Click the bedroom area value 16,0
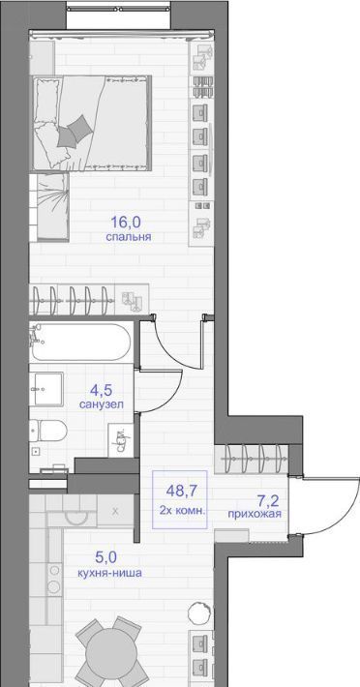pos(126,223)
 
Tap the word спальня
pos(129,237)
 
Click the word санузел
pos(102,403)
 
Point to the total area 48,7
pos(180,491)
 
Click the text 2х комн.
pos(180,510)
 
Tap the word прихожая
pos(255,514)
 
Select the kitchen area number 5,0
pos(106,557)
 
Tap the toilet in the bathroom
pos(47,432)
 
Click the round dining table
pos(108,654)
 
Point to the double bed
pos(91,123)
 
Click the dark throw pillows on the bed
pos(75,131)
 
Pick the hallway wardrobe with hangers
pos(252,459)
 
